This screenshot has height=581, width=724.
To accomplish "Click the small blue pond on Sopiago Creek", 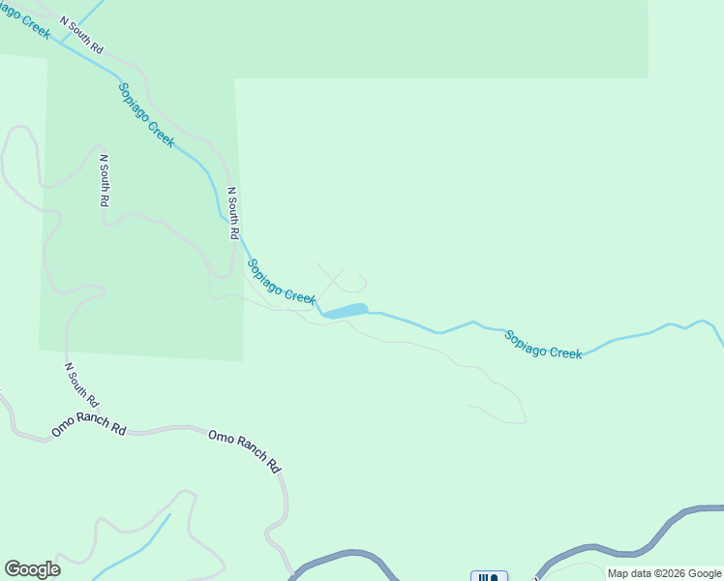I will click(x=346, y=311).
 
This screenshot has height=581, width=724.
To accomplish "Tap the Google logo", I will click(x=32, y=569).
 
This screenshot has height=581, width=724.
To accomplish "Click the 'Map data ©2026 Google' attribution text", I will click(x=665, y=573).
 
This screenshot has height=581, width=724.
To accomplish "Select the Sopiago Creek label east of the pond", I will click(x=543, y=345).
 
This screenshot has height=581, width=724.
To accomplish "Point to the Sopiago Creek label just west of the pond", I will click(x=282, y=281).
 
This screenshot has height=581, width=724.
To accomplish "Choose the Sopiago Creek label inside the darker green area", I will click(x=146, y=114).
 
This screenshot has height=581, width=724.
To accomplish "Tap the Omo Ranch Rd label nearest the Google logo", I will click(x=89, y=427).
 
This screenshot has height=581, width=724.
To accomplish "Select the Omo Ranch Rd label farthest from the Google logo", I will click(x=245, y=450).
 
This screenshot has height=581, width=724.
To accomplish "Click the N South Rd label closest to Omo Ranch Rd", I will click(x=81, y=384).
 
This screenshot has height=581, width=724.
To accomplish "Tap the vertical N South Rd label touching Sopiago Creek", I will click(x=232, y=213).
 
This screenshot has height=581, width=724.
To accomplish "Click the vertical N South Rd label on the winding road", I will click(x=104, y=180).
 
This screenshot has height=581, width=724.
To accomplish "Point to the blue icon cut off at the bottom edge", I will click(x=489, y=576).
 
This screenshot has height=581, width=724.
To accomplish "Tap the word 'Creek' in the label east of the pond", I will click(x=565, y=352).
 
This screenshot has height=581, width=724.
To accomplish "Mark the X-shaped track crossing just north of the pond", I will click(x=331, y=279).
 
